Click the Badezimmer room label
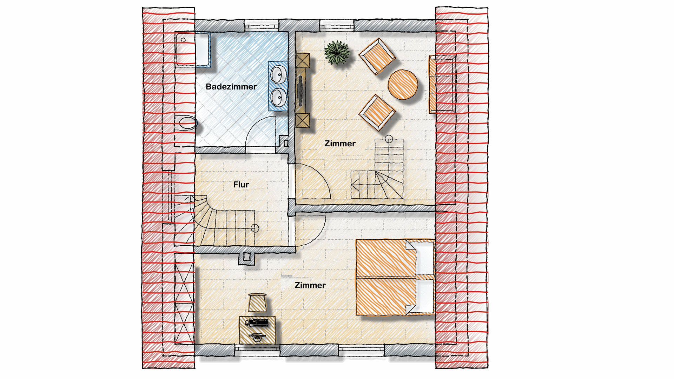click(231, 87)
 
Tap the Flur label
click(241, 185)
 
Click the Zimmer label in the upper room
click(340, 144)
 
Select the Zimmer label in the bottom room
click(310, 285)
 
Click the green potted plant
click(337, 53)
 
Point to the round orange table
click(403, 84)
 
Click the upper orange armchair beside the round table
click(377, 56)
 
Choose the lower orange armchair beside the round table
click(377, 112)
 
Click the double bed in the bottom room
click(395, 277)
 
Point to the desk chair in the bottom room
click(258, 302)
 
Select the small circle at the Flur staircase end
click(255, 228)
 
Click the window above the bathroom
click(262, 25)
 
